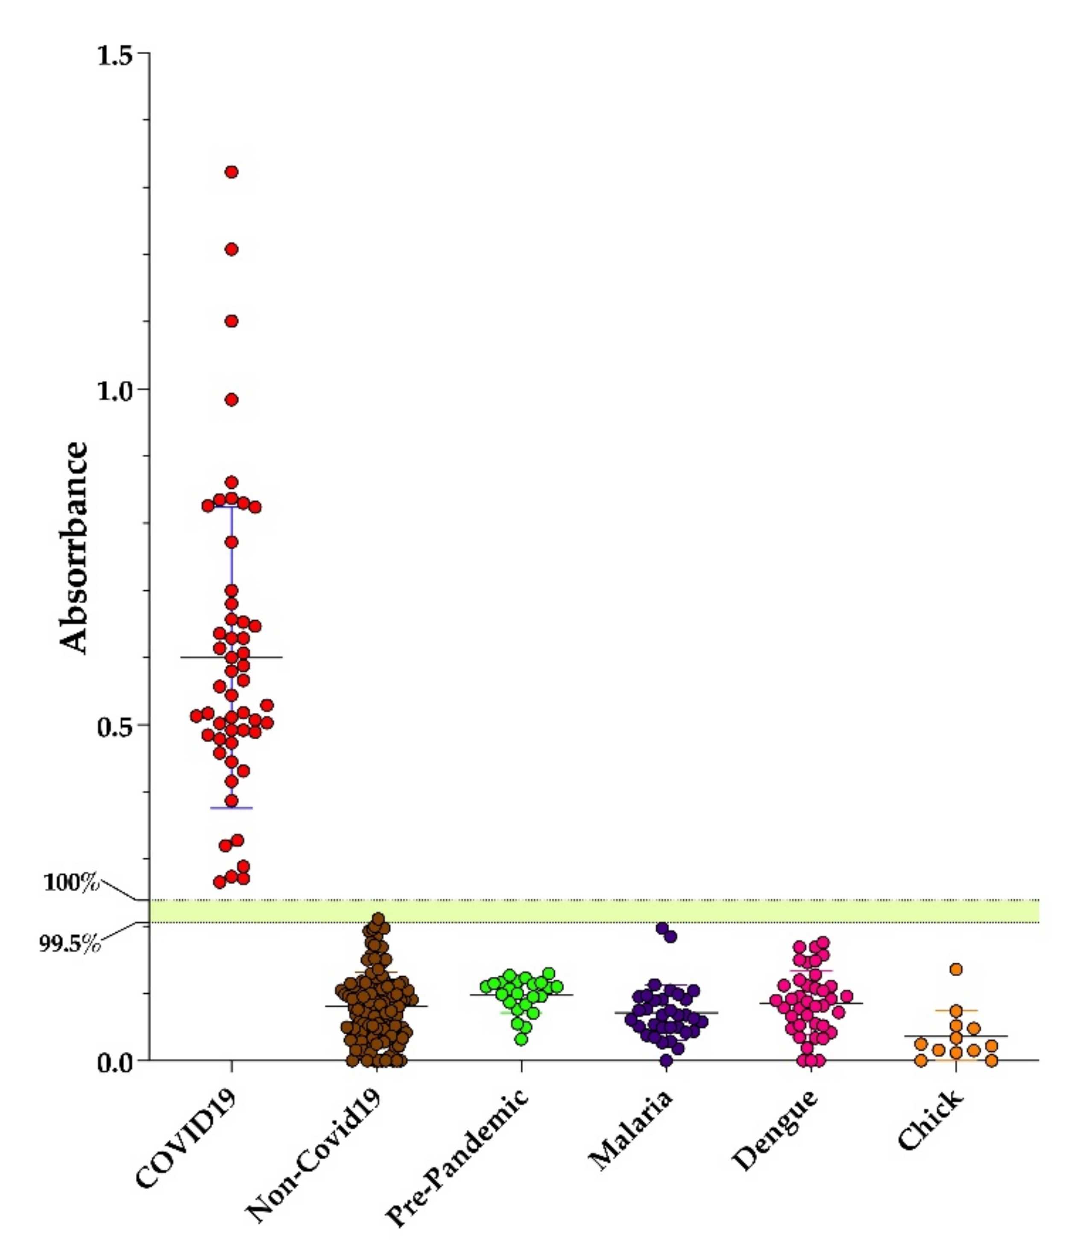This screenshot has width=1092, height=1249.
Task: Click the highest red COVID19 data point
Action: coord(231,172)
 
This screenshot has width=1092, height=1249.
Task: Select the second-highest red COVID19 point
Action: coord(231,250)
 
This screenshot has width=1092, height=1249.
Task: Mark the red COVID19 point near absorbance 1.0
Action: coord(231,400)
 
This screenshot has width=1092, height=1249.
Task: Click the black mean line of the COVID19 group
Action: coord(268,658)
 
